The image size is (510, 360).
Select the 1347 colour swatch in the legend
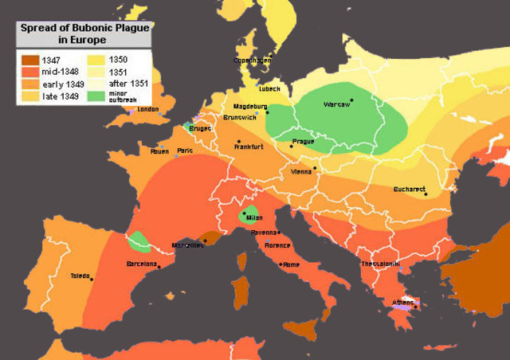pos(29,59)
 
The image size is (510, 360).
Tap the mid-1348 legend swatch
pos(29,71)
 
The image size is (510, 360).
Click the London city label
pos(149,110)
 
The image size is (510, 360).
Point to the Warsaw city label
pos(336,104)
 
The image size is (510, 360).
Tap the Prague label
pos(303,142)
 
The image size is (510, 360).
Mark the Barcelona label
pos(141,264)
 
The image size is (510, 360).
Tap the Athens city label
pos(402,302)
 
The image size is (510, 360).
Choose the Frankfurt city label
pos(249,147)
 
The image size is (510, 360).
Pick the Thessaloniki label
pos(382,264)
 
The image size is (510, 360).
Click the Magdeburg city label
pos(250,106)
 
